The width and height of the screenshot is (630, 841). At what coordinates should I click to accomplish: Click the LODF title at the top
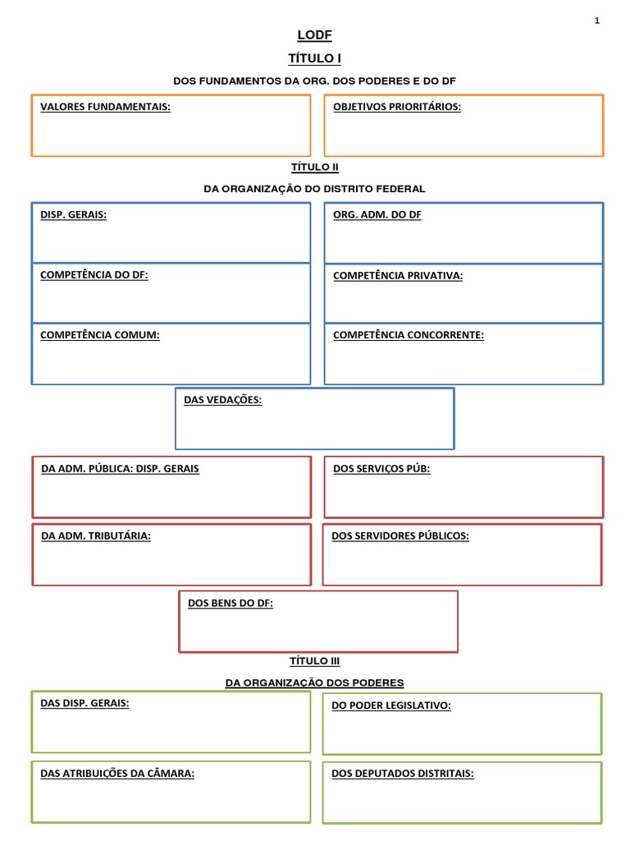click(314, 34)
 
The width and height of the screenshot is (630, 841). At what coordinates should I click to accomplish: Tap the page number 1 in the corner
click(597, 21)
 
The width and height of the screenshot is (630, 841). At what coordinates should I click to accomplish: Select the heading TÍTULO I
click(314, 58)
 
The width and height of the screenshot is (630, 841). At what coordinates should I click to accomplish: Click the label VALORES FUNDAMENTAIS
click(105, 106)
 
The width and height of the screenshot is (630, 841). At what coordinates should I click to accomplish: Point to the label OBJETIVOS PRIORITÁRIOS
click(397, 106)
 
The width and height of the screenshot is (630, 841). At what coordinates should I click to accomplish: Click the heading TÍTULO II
click(314, 167)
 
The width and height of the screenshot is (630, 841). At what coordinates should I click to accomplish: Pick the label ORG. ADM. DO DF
click(377, 214)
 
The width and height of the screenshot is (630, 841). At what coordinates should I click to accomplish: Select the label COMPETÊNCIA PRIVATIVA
click(398, 275)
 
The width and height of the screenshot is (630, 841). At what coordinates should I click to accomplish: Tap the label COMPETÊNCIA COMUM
click(100, 334)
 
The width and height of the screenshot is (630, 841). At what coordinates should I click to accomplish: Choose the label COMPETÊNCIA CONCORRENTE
click(409, 334)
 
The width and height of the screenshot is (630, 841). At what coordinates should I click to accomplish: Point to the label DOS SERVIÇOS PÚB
click(381, 468)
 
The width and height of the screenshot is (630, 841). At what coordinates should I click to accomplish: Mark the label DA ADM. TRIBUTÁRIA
click(96, 535)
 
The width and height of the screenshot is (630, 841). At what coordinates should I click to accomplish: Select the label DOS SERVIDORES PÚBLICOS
click(400, 535)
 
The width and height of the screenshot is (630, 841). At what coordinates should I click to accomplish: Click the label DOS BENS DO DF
click(231, 603)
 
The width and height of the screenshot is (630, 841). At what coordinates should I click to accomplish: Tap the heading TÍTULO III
click(314, 661)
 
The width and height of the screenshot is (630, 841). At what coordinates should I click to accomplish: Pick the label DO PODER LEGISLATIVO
click(391, 705)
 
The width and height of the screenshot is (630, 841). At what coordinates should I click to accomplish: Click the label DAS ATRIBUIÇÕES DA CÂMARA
click(117, 773)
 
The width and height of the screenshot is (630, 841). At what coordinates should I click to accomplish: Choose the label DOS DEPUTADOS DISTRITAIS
click(403, 773)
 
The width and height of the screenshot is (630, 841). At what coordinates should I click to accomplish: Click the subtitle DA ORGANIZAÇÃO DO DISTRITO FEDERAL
click(314, 189)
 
